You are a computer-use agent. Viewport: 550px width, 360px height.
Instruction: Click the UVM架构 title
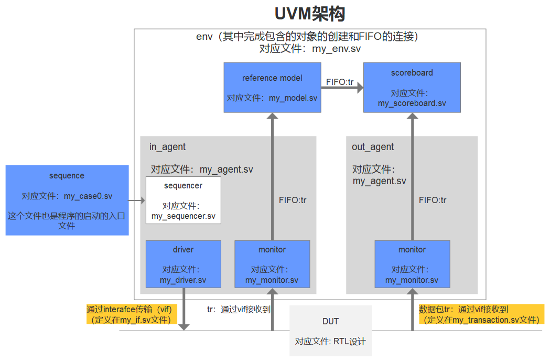point(309,14)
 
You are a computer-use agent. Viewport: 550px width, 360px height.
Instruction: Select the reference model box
point(272,87)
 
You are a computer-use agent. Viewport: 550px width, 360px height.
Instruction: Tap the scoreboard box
point(412,87)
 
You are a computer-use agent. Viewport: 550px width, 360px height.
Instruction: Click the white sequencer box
point(183,200)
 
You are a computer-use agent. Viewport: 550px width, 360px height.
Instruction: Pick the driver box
point(183,264)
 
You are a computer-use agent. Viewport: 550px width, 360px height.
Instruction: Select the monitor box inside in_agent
point(272,264)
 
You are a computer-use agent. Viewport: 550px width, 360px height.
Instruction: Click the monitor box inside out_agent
point(412,264)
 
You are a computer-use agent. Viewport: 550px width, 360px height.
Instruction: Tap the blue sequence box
point(67,200)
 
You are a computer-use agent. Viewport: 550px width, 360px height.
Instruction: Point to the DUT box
point(330,331)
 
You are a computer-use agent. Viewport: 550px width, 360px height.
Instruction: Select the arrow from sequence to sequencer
point(137,200)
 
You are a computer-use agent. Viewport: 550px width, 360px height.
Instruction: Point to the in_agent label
point(167,147)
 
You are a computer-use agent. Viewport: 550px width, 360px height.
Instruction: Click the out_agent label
point(373,147)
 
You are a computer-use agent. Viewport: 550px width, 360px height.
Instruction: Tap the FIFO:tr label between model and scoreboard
point(340,81)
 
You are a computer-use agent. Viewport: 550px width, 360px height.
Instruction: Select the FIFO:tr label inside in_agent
point(293,200)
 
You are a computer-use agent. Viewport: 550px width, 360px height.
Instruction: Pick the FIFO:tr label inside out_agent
point(433,200)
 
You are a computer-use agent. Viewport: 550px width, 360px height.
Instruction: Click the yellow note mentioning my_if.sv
point(132,314)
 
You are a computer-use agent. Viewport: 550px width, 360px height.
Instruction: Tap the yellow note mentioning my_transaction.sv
point(481,314)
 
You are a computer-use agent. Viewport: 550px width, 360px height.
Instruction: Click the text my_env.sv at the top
point(336,49)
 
